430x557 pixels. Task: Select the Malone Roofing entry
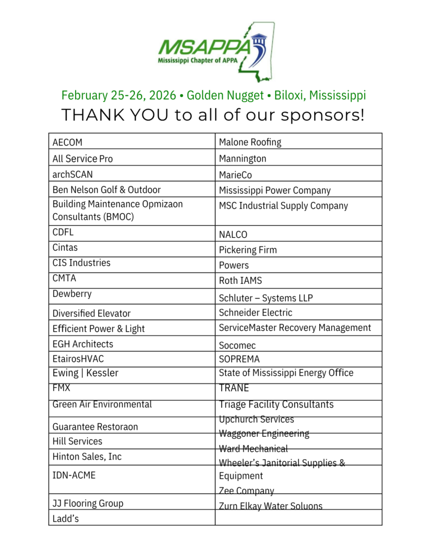[250, 143]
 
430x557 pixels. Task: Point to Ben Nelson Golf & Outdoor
[107, 190]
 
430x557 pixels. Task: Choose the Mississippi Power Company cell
[275, 190]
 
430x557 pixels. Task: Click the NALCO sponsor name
[233, 235]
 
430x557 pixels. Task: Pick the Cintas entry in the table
[65, 247]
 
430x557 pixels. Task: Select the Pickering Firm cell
[248, 250]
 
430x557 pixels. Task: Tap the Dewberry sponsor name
[72, 294]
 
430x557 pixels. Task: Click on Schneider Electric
[255, 313]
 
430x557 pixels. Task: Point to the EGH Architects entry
[83, 344]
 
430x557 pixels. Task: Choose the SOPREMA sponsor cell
[239, 359]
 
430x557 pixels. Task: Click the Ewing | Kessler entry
[85, 373]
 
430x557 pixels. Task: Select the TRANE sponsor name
[234, 388]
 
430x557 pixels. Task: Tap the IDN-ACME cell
[74, 475]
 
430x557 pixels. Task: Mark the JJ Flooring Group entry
[88, 504]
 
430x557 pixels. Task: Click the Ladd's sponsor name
[66, 518]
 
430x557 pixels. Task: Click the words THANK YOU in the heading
[115, 115]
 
